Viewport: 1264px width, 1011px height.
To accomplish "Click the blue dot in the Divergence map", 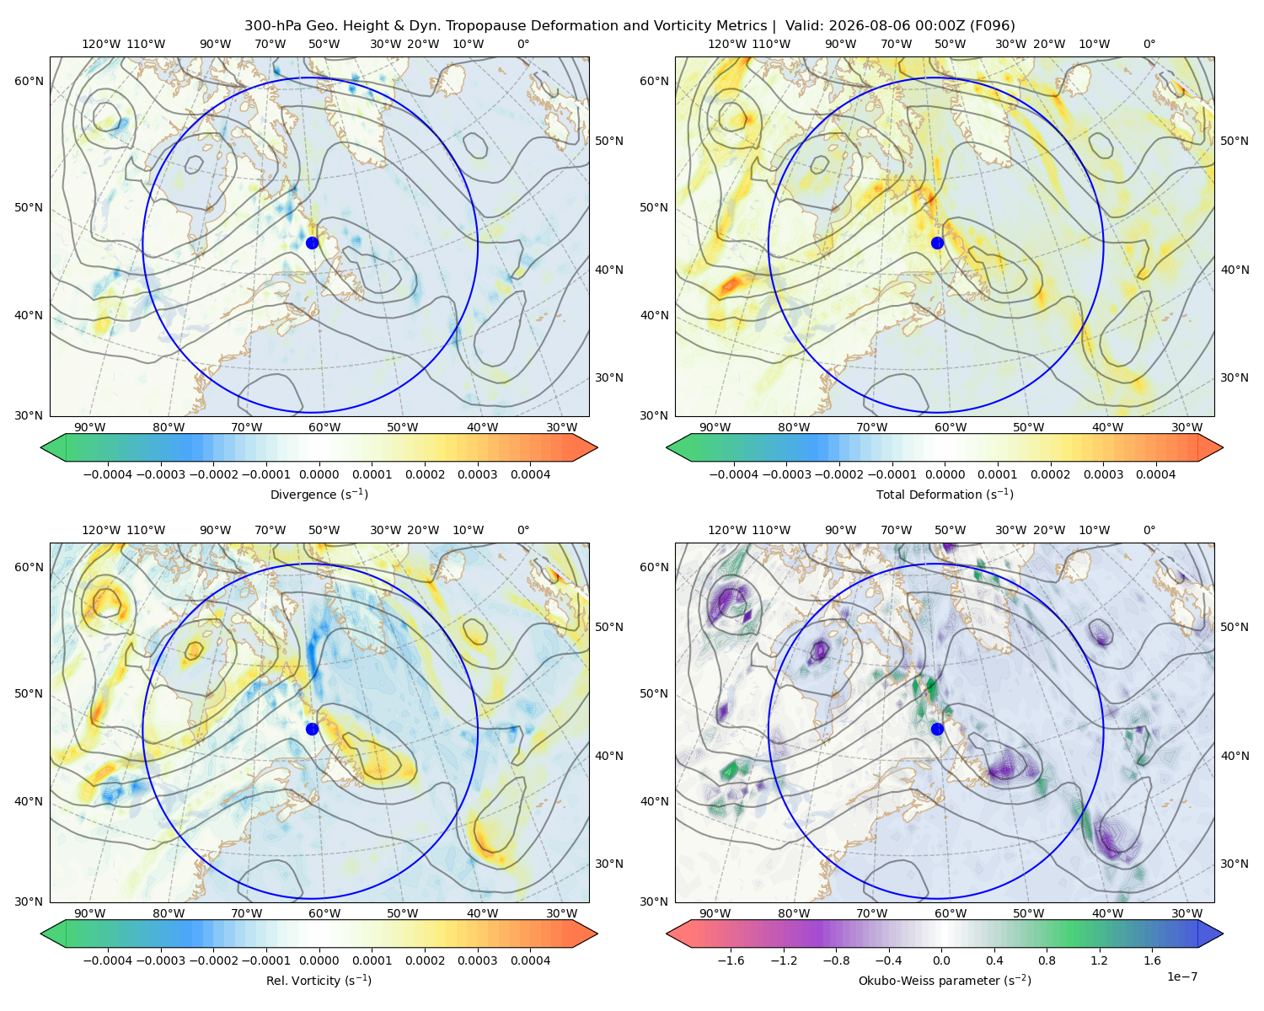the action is click(x=312, y=243).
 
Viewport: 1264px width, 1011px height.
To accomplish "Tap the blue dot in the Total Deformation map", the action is click(x=937, y=243).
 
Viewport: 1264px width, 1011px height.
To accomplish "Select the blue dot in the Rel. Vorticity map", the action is click(x=312, y=729).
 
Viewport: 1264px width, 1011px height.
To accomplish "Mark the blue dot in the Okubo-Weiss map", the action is click(x=937, y=729).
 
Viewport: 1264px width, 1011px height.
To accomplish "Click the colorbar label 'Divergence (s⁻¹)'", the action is click(x=319, y=494).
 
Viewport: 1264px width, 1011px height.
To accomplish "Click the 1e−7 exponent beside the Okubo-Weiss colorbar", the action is click(x=1181, y=976).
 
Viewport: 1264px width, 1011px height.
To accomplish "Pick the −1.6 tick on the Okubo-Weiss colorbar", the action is click(x=731, y=960).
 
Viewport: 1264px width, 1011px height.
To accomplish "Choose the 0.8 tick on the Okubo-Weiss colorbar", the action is click(x=1047, y=960).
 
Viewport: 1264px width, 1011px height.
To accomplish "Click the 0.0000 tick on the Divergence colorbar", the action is click(x=319, y=474).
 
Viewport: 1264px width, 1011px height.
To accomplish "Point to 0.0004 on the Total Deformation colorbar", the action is click(x=1155, y=474).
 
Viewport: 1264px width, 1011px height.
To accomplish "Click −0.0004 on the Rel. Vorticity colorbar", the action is click(x=108, y=960).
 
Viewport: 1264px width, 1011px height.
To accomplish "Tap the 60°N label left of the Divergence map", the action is click(x=29, y=81).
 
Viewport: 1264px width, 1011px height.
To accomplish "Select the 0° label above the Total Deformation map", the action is click(x=1149, y=44).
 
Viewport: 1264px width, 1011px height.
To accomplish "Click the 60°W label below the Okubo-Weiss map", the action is click(x=951, y=913).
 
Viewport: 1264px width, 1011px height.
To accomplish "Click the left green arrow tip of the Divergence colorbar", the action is click(x=41, y=447).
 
